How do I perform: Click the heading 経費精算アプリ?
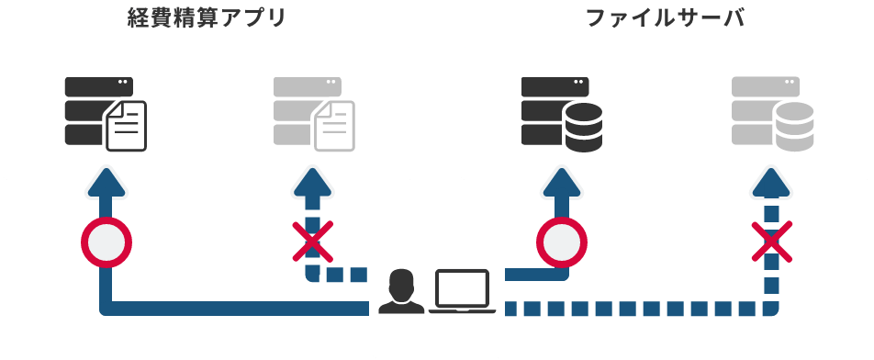coord(207,19)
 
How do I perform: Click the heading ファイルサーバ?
coord(666,19)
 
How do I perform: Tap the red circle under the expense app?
coord(106,242)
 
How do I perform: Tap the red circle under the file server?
coord(561,242)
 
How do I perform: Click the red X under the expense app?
coord(312,242)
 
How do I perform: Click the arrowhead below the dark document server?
coord(106,182)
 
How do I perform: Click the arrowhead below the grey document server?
coord(312,182)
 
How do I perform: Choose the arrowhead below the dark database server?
coord(561,182)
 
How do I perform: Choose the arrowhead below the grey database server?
coord(771,182)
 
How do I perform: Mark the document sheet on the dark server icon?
coord(126,128)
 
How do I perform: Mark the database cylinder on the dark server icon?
coord(583,128)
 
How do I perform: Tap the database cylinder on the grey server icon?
coord(793,128)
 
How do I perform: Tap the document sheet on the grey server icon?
coord(334,128)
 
